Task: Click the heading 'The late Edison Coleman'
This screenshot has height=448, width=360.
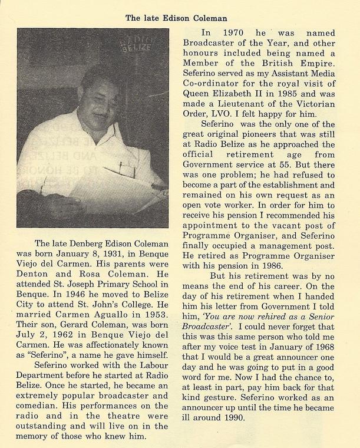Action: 180,18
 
